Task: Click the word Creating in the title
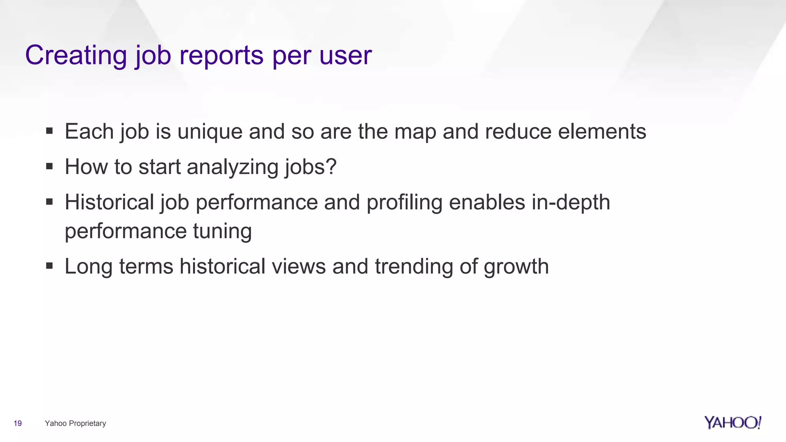76,55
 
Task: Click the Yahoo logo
732,422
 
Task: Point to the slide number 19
18,423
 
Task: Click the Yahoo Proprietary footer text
75,423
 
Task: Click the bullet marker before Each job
49,131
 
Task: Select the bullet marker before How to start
49,167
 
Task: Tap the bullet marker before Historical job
49,202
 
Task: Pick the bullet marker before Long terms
49,266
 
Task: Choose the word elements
602,131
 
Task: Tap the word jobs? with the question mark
310,167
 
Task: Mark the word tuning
222,231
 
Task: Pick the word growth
516,267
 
